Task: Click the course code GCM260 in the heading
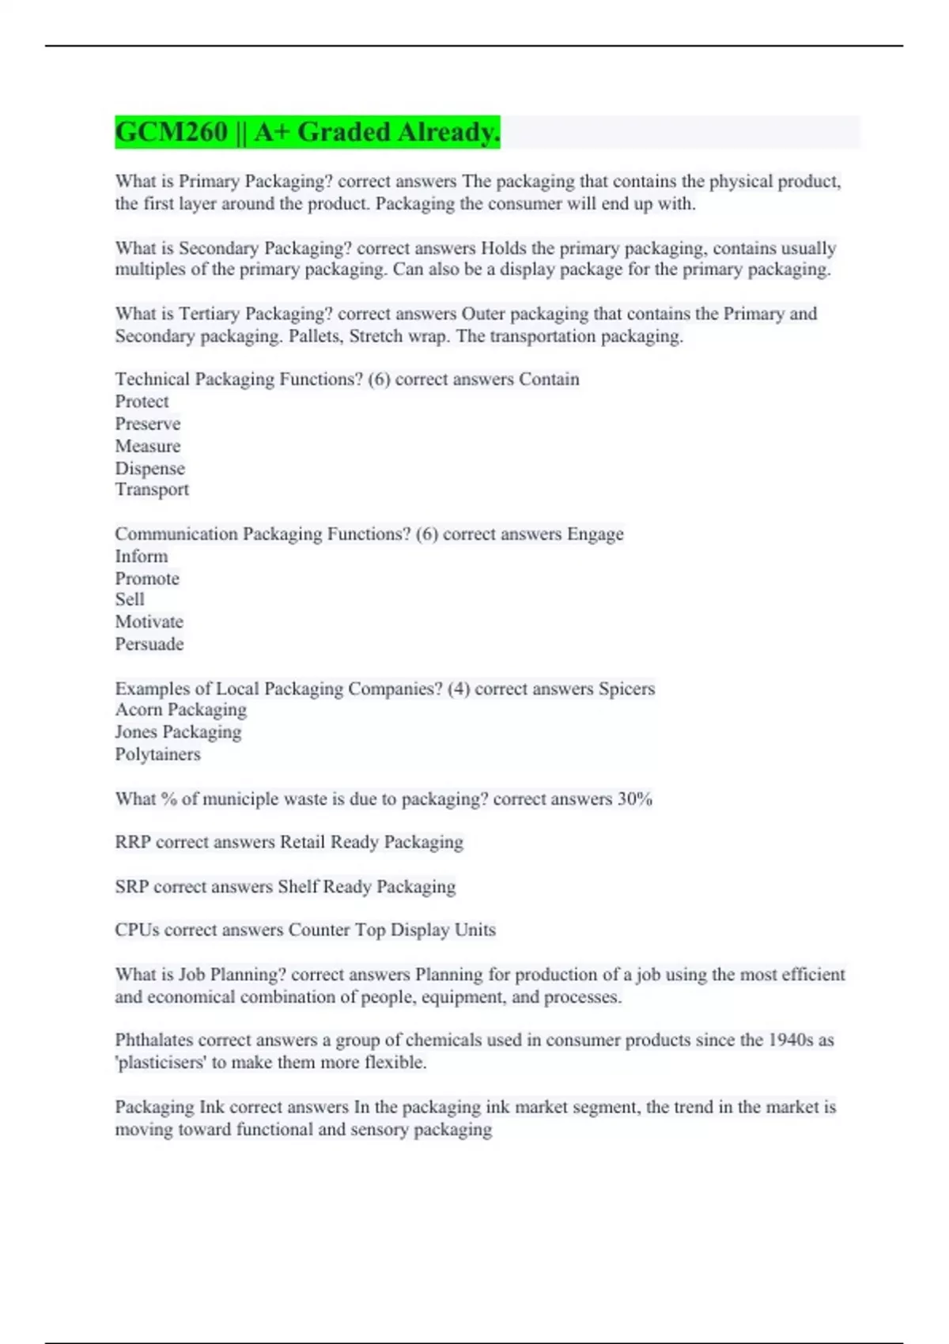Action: pyautogui.click(x=172, y=132)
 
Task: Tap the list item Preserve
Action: pyautogui.click(x=147, y=424)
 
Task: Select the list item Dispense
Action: pyautogui.click(x=149, y=468)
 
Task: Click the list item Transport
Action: pyautogui.click(x=152, y=489)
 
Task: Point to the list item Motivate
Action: pyautogui.click(x=149, y=621)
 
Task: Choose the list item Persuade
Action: pyautogui.click(x=149, y=644)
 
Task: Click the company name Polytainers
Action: pyautogui.click(x=157, y=754)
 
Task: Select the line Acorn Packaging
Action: pyautogui.click(x=180, y=710)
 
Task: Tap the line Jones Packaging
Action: pyautogui.click(x=178, y=732)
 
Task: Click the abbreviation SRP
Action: pyautogui.click(x=131, y=887)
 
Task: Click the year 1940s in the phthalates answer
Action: pyautogui.click(x=790, y=1040)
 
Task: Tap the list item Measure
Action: pyautogui.click(x=147, y=446)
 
